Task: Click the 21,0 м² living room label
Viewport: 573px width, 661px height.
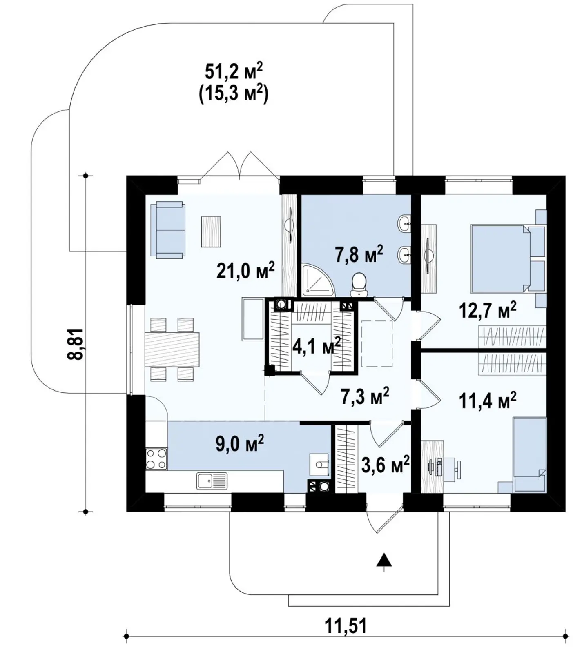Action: (245, 271)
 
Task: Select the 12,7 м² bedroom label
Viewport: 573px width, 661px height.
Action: (487, 311)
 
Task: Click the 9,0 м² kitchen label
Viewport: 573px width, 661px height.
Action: (240, 443)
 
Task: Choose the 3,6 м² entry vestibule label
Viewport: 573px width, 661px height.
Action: (386, 465)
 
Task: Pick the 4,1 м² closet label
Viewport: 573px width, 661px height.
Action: (317, 346)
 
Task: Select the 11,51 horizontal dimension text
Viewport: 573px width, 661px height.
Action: (346, 637)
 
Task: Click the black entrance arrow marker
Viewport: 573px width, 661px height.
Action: (384, 560)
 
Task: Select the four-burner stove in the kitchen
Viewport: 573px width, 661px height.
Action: (156, 458)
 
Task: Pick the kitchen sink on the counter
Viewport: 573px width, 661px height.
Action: (212, 481)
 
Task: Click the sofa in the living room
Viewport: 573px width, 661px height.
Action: (168, 231)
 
